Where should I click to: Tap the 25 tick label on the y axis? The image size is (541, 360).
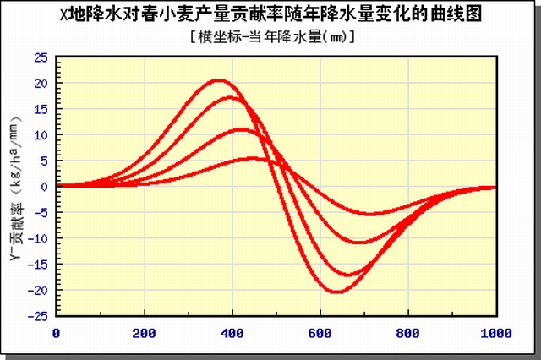[x=40, y=57]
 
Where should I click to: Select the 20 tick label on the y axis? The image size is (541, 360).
[x=40, y=83]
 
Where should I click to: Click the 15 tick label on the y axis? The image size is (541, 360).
[x=40, y=109]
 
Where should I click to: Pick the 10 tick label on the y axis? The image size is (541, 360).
[x=40, y=135]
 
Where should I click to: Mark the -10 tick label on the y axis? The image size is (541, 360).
[x=37, y=238]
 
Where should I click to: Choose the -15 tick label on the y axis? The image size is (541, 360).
[x=37, y=264]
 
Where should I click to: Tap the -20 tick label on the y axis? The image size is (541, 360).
[x=37, y=290]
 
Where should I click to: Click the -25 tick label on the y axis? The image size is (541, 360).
[x=37, y=315]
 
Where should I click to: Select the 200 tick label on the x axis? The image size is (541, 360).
[x=145, y=333]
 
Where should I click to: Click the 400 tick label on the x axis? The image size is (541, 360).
[x=232, y=333]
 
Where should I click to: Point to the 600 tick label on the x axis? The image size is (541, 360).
[x=320, y=333]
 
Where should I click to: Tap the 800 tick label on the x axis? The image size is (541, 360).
[x=408, y=333]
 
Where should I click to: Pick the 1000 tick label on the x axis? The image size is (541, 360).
[x=493, y=333]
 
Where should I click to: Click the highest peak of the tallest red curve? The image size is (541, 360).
[x=219, y=81]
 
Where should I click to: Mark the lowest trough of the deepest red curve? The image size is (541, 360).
[x=336, y=292]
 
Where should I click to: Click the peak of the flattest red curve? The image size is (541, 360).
[x=251, y=158]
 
